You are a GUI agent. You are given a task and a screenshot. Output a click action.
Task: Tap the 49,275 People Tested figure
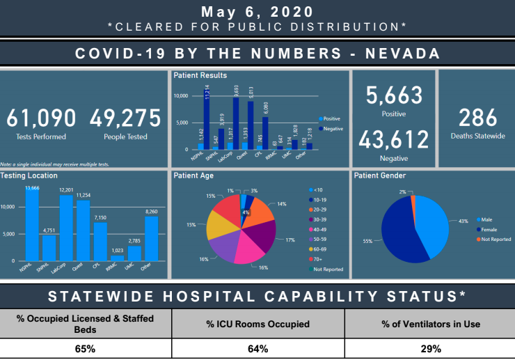point(126,118)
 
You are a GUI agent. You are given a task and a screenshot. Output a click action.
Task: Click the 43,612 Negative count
point(394,139)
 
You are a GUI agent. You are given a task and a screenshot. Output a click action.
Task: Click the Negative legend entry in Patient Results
point(331,129)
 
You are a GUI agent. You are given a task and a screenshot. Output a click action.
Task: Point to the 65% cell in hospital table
point(86,349)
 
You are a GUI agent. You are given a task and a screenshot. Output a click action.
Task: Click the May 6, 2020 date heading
point(257,12)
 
